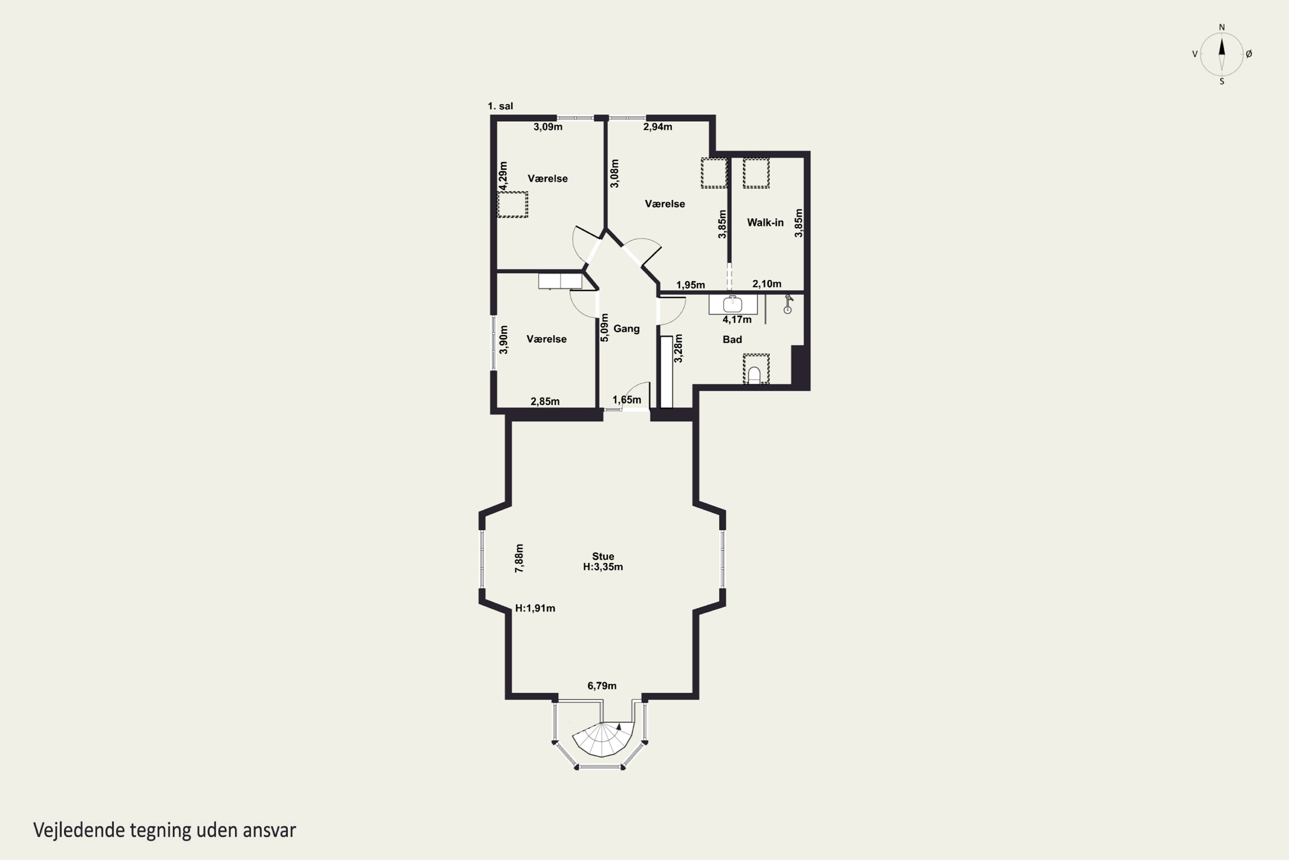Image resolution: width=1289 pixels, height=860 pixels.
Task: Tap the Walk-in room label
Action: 765,222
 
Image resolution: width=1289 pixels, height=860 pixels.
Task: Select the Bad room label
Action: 732,340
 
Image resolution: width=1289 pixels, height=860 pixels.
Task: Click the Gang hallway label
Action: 626,329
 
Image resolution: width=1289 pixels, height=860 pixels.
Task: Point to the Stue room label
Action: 603,556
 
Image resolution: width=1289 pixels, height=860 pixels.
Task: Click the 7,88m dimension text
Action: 519,558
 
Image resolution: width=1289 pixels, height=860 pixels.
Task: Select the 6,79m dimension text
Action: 602,685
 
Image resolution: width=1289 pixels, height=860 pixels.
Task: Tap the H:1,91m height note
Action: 535,608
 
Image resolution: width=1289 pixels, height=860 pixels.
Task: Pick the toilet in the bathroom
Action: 754,375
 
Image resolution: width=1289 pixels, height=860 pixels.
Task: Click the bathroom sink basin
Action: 732,304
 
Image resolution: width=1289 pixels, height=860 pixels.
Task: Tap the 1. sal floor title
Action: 501,106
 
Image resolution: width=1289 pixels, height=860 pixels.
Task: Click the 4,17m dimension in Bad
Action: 737,319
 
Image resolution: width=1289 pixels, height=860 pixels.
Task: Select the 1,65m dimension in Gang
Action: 626,400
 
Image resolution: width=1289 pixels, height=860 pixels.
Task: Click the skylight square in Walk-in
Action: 756,172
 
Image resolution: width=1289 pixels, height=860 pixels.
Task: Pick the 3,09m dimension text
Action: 548,127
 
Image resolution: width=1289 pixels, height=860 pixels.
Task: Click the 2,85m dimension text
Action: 545,402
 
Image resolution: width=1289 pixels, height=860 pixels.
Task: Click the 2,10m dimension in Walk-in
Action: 767,283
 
